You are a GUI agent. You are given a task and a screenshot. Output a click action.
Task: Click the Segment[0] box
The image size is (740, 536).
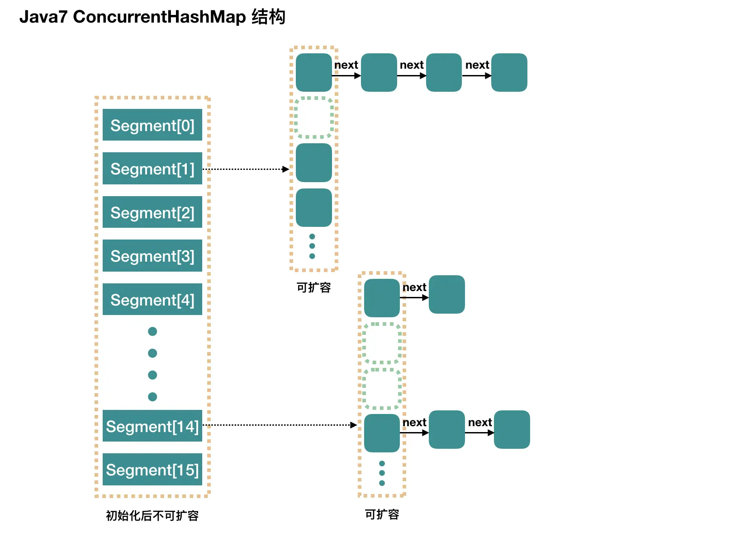[152, 125]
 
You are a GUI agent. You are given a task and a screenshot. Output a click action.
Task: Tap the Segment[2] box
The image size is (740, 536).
[152, 212]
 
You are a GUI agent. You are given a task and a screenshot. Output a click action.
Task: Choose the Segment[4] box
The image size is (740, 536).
[152, 299]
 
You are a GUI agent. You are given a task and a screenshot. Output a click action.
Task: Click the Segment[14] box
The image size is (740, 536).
[152, 426]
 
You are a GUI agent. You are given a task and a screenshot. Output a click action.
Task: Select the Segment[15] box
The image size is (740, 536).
[152, 469]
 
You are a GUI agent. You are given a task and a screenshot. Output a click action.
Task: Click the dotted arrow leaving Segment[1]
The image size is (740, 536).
[247, 169]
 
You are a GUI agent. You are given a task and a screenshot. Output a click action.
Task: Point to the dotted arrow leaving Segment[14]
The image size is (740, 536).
[280, 425]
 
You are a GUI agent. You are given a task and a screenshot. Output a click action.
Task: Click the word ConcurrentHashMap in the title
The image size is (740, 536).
[159, 17]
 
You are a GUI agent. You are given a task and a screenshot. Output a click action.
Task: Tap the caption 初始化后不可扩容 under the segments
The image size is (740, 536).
[152, 515]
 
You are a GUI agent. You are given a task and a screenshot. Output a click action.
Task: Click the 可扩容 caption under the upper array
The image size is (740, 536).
[313, 287]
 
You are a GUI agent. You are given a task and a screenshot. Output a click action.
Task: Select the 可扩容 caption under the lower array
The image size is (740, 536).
[382, 514]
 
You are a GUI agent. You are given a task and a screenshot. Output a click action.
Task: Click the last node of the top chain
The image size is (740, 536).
[509, 72]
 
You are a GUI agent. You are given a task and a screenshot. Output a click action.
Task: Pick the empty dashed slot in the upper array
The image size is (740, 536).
[313, 118]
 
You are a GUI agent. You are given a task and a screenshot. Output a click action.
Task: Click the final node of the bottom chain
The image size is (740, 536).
[512, 429]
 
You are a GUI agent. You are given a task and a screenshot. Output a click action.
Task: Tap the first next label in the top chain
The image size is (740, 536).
[346, 65]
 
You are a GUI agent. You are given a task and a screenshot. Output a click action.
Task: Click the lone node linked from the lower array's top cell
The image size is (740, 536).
[446, 294]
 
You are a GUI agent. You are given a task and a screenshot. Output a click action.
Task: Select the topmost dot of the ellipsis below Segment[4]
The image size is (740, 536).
[152, 331]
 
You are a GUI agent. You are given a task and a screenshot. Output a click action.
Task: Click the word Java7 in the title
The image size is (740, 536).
[43, 17]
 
